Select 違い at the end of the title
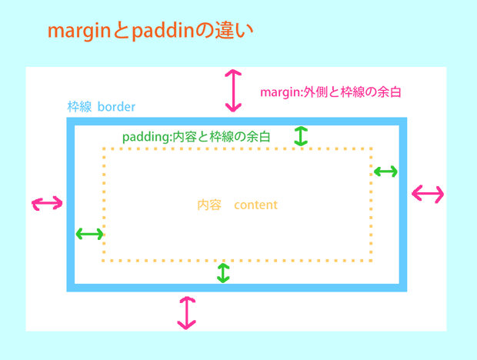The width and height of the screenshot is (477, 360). (x=235, y=32)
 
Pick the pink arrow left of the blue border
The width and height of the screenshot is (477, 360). (x=47, y=203)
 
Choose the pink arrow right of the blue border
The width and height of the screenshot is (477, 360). (x=428, y=194)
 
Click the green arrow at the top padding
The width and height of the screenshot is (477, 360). (x=301, y=136)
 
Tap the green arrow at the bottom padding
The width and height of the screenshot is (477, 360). (x=223, y=272)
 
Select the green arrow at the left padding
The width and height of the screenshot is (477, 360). (x=89, y=234)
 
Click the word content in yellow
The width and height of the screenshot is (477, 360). (x=255, y=205)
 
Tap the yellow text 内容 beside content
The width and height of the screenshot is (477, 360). (x=209, y=205)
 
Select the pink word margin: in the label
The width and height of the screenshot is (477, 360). (x=284, y=92)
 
